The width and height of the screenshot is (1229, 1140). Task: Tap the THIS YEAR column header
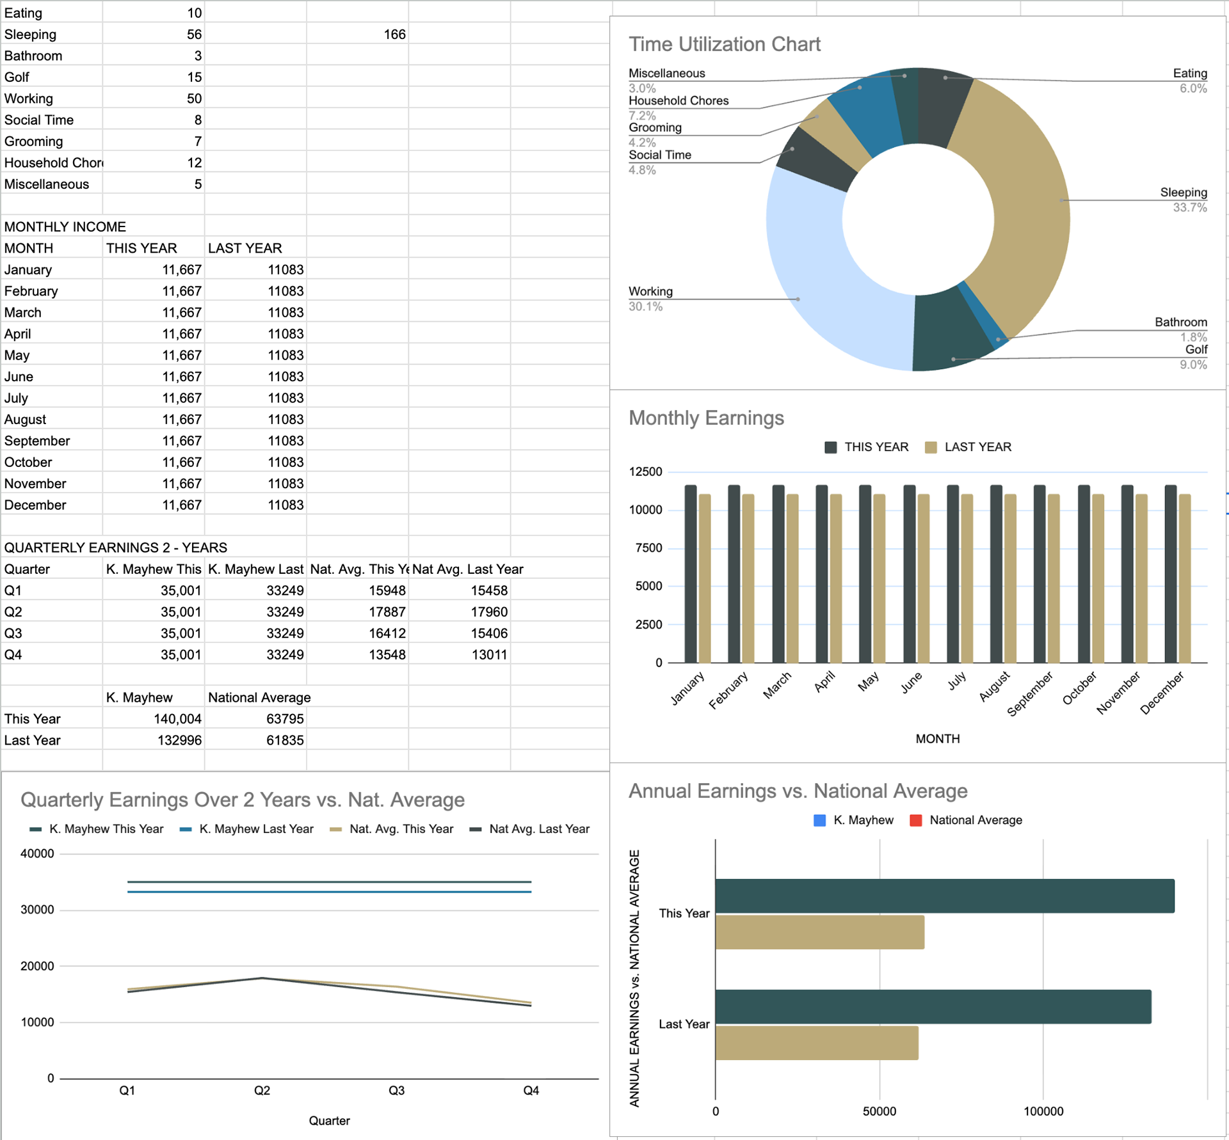[x=141, y=248]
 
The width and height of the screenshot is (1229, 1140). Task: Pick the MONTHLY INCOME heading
[x=65, y=227]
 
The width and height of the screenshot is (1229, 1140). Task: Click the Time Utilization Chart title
[x=724, y=44]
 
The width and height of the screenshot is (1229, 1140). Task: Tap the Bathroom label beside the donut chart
[x=1180, y=322]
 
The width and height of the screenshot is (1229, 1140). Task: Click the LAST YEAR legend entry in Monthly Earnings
[x=969, y=447]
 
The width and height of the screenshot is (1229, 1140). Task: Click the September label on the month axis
[x=1031, y=693]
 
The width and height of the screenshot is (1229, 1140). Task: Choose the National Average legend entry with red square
[x=967, y=820]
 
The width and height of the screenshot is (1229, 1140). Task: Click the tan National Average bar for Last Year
[x=817, y=1043]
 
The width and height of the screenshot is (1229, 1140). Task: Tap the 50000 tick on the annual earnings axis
[x=879, y=1111]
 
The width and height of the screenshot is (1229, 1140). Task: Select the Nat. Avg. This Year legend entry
[x=392, y=829]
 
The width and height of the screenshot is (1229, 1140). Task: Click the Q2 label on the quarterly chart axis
[x=262, y=1091]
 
